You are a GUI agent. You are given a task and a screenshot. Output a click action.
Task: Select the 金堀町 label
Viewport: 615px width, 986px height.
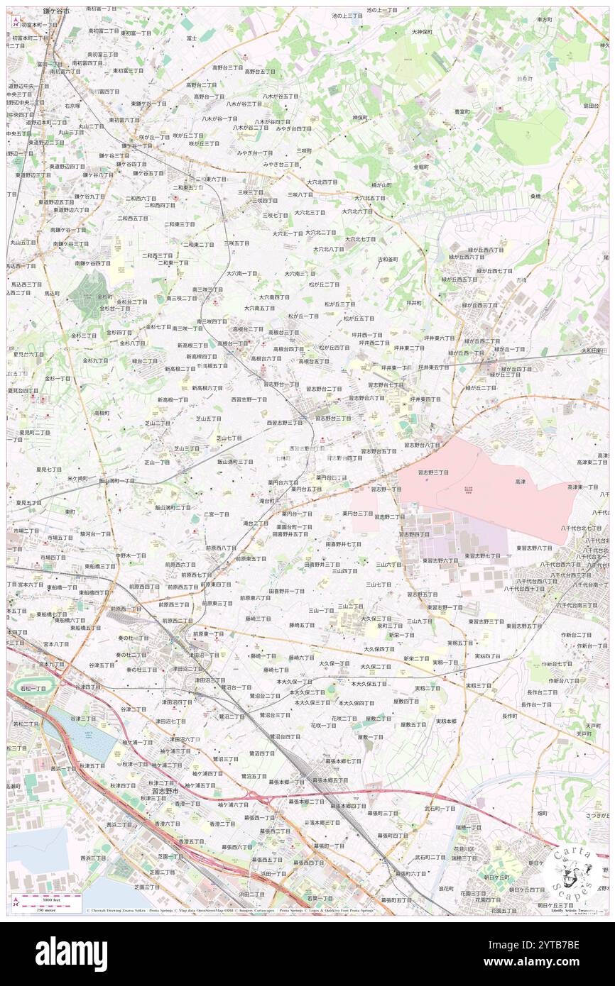421,167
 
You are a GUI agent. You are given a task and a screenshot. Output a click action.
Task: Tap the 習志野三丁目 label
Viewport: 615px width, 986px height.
432,472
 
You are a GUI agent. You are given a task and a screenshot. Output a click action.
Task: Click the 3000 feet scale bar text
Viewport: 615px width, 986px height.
50,899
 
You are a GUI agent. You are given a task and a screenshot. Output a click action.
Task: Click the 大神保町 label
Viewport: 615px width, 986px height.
423,32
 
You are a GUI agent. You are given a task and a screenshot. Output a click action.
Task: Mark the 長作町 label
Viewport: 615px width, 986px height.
509,716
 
